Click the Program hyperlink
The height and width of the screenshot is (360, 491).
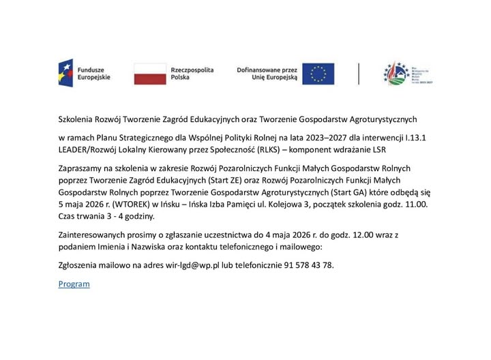(74, 284)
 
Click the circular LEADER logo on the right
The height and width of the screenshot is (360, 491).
(396, 73)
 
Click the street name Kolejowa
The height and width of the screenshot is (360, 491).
(282, 203)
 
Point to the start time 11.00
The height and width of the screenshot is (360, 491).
(414, 203)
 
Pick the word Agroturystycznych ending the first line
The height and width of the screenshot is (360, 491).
(388, 117)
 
